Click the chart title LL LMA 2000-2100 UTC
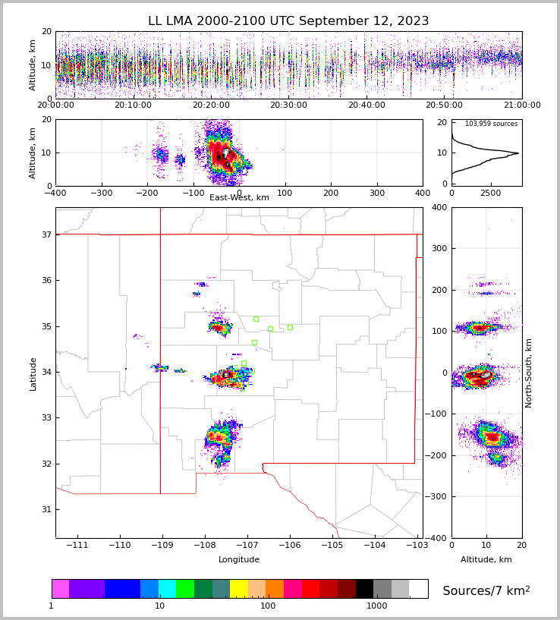click(x=288, y=21)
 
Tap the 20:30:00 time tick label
click(x=288, y=105)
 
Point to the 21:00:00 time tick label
click(x=521, y=105)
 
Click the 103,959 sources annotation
click(x=491, y=124)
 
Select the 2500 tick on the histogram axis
click(x=491, y=194)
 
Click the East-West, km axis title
click(x=239, y=198)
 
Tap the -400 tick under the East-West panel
click(x=55, y=194)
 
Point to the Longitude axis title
click(x=239, y=560)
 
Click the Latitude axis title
click(x=33, y=373)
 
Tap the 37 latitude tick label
click(x=46, y=234)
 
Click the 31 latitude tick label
click(x=46, y=509)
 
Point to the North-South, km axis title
click(x=528, y=373)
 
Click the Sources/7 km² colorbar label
click(x=486, y=590)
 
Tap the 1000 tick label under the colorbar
click(x=376, y=606)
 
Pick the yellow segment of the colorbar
click(x=239, y=589)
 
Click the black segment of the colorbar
click(x=364, y=589)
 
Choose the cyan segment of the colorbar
click(x=167, y=589)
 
